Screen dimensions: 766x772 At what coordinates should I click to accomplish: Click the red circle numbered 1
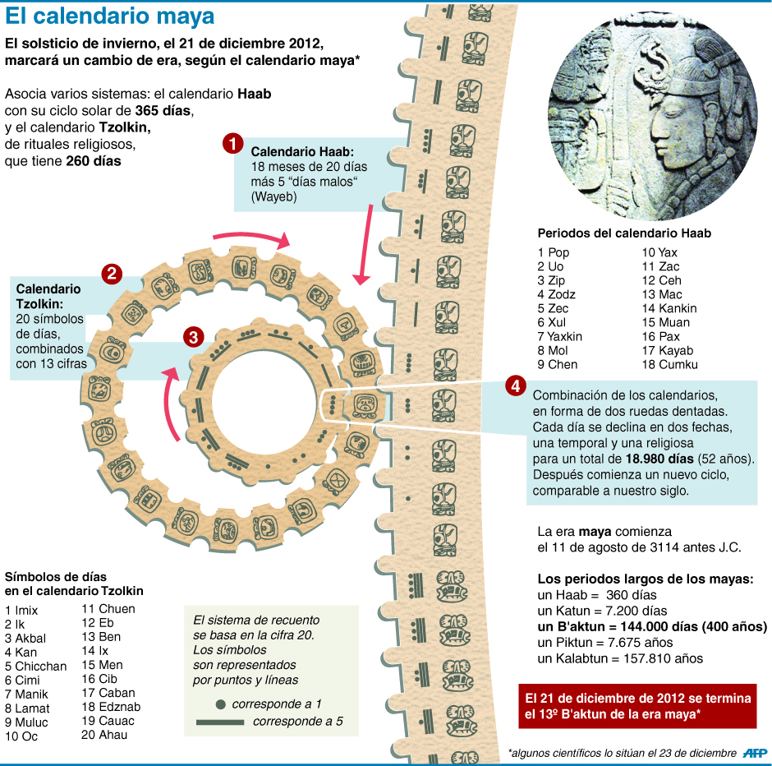(232, 145)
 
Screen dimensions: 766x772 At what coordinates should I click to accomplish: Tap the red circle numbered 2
(112, 274)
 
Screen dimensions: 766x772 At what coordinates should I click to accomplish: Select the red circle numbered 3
(193, 337)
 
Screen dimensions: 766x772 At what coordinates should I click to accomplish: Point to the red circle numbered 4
(515, 385)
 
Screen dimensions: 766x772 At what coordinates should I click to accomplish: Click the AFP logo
(755, 753)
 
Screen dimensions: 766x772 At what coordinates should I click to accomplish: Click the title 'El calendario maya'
(110, 16)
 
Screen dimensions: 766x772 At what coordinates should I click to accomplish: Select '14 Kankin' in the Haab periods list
(669, 308)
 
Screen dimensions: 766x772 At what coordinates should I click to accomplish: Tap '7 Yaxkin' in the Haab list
(560, 336)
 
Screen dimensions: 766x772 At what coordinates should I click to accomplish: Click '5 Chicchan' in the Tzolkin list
(35, 667)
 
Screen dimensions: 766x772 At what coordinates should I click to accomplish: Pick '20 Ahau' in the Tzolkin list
(104, 735)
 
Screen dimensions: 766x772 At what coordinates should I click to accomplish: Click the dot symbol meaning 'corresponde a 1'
(220, 704)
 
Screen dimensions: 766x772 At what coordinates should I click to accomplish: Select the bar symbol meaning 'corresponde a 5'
(219, 722)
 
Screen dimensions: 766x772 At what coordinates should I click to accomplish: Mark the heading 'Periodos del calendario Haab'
(623, 233)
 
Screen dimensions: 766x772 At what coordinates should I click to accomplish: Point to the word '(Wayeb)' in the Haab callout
(273, 197)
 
